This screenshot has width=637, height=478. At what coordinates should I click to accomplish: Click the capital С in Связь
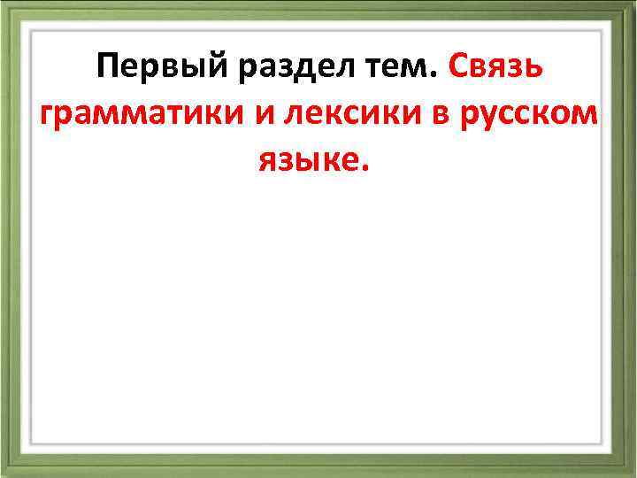click(x=460, y=66)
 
